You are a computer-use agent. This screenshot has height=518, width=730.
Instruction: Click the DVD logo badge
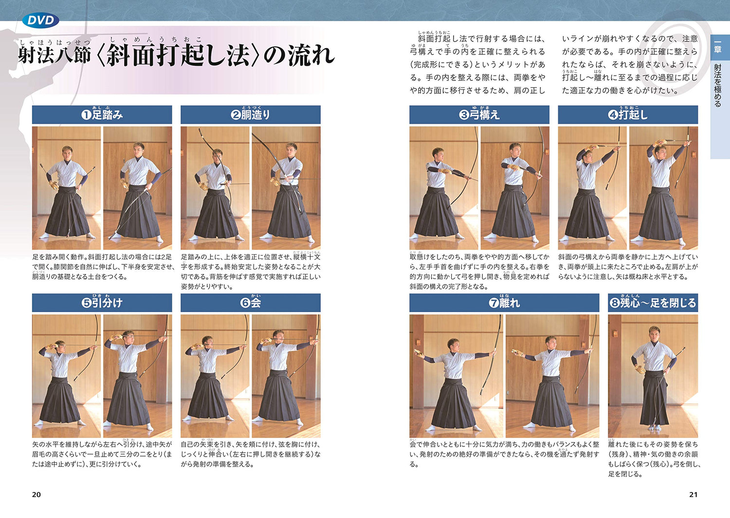coord(40,20)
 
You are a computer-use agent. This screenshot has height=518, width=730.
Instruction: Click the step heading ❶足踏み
coord(102,115)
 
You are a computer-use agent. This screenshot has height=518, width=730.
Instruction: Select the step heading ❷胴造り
coord(250,115)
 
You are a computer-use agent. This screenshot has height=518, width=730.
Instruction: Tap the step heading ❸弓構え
coord(479,115)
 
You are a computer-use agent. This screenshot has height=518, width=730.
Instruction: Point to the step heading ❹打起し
coord(628,115)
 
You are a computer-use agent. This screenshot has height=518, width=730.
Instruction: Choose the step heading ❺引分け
coord(102,303)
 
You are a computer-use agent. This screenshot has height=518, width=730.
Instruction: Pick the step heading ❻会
coord(250,303)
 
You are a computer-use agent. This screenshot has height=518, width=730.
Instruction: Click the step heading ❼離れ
coord(504,303)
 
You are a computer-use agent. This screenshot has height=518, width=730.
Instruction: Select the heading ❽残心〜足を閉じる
coord(653,303)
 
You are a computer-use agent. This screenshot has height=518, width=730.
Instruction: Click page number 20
coord(36,495)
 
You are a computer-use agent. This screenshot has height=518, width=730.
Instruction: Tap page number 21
coord(693,495)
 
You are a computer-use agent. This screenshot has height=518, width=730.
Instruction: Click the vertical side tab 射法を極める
coord(717,85)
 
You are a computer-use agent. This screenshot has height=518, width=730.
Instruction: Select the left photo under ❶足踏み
coord(67,188)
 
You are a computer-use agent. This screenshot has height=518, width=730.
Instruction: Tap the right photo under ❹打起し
coord(663,188)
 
